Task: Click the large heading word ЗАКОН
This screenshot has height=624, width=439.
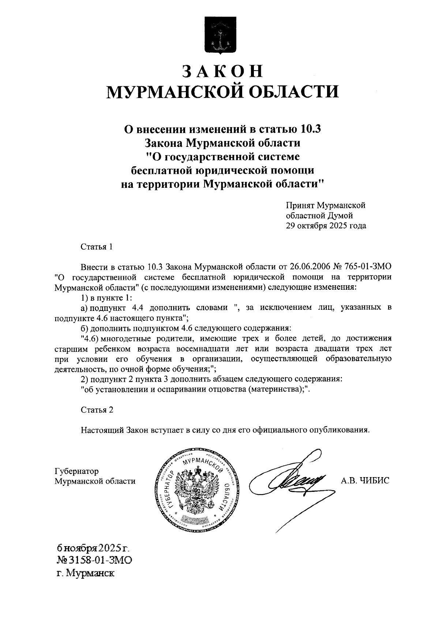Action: point(222,71)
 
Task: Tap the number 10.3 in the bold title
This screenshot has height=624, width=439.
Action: point(313,129)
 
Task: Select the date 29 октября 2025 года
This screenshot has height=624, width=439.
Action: point(326,226)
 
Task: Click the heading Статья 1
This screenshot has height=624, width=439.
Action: point(97,247)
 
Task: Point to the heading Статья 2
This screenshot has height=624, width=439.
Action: point(97,410)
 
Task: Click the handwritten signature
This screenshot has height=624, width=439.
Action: point(289,482)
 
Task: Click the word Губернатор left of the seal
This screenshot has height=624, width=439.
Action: point(76,471)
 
